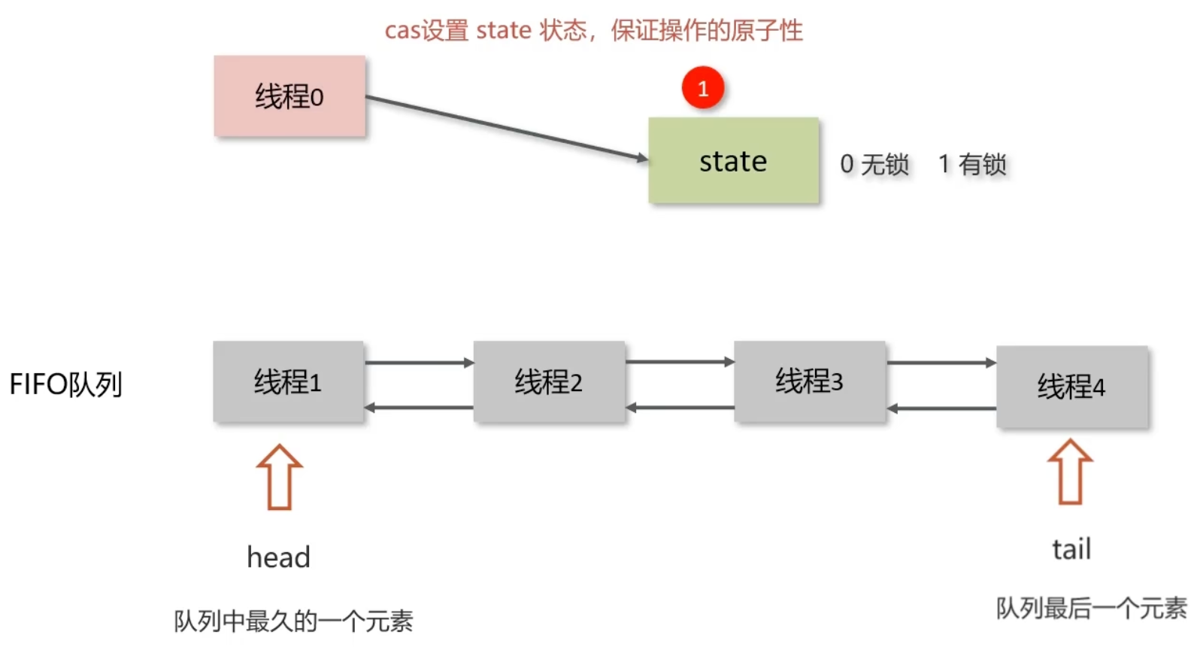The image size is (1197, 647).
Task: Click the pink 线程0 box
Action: click(289, 96)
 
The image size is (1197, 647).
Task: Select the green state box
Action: click(733, 160)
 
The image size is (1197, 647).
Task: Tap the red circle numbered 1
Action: click(703, 88)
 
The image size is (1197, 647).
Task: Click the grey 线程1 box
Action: click(288, 381)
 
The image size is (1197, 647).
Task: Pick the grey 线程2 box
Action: click(549, 381)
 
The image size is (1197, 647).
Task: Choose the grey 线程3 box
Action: click(809, 381)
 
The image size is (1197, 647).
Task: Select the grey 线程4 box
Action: click(1071, 387)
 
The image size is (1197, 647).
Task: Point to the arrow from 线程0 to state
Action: click(507, 128)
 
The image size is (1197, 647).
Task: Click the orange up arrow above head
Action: click(279, 477)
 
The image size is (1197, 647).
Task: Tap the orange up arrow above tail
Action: click(1070, 472)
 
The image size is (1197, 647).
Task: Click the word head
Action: click(278, 557)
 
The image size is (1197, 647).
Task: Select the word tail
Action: click(1071, 549)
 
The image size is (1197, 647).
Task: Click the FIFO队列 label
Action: click(65, 384)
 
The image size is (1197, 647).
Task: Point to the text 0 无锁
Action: click(874, 164)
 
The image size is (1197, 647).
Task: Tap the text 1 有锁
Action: click(972, 164)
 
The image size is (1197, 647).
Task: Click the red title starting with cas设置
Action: click(593, 31)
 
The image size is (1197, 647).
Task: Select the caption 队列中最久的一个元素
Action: click(293, 621)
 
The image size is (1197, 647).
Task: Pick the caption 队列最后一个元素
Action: click(1091, 608)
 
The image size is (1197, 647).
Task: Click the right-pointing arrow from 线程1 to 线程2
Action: click(419, 363)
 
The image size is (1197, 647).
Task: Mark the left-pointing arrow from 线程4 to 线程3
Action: click(941, 409)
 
